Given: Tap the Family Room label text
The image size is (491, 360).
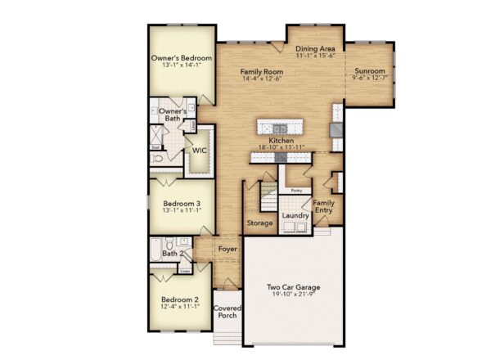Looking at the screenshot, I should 261,72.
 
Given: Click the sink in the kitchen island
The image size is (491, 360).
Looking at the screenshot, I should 280,128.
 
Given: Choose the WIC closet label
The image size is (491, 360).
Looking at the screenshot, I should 199,151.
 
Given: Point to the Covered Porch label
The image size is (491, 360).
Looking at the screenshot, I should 228,313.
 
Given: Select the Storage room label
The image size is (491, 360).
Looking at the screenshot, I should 259,223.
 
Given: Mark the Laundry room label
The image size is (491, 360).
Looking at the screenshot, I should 295,216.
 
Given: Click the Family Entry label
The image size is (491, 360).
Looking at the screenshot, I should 324,207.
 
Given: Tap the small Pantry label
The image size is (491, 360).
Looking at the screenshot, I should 295,190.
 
